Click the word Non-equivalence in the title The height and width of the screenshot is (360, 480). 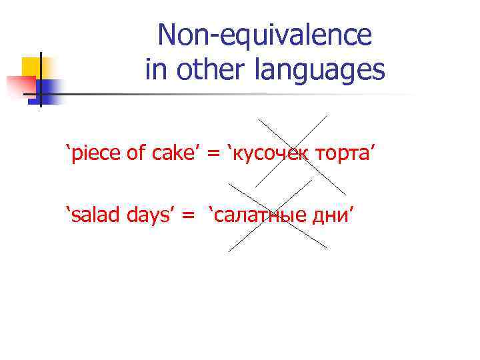click(x=265, y=35)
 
